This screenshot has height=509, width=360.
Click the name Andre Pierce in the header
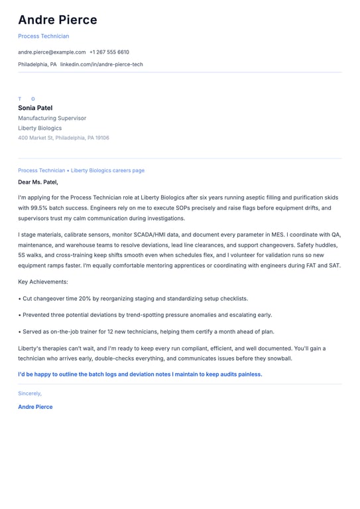pyautogui.click(x=58, y=20)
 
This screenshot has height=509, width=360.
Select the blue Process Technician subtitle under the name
pyautogui.click(x=43, y=36)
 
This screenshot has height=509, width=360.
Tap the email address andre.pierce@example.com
pyautogui.click(x=52, y=52)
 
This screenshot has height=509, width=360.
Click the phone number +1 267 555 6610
pyautogui.click(x=109, y=52)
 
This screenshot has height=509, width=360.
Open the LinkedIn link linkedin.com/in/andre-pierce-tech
pyautogui.click(x=101, y=64)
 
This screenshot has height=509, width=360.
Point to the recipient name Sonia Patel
pyautogui.click(x=35, y=108)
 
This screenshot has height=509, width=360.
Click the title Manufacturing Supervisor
pyautogui.click(x=52, y=118)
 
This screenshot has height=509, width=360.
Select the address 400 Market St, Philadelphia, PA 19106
pyautogui.click(x=64, y=138)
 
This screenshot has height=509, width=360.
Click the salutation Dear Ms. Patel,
pyautogui.click(x=38, y=182)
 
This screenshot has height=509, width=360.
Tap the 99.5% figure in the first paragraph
pyautogui.click(x=38, y=208)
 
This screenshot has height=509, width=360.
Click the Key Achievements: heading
pyautogui.click(x=43, y=282)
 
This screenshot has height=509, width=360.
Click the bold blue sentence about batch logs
pyautogui.click(x=140, y=374)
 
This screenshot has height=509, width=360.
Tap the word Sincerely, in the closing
pyautogui.click(x=30, y=393)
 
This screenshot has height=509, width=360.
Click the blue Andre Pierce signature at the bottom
pyautogui.click(x=35, y=407)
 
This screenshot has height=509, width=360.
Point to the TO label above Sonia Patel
pyautogui.click(x=27, y=99)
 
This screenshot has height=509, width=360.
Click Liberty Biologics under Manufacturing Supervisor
pyautogui.click(x=40, y=128)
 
